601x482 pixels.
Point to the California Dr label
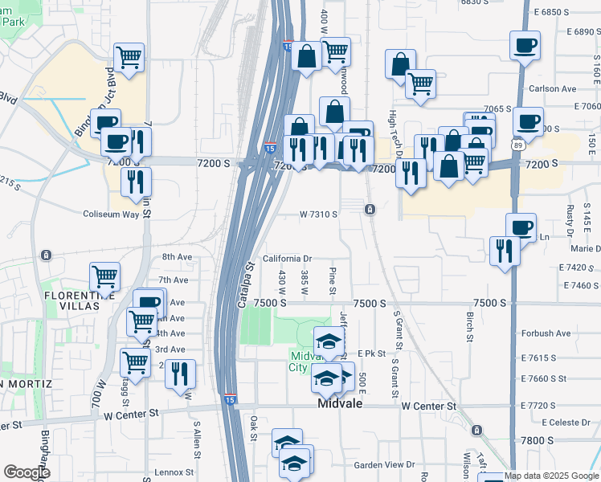pyautogui.click(x=286, y=259)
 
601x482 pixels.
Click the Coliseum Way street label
pyautogui.click(x=112, y=214)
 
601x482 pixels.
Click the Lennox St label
pyautogui.click(x=175, y=472)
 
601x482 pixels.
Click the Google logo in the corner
pyautogui.click(x=27, y=472)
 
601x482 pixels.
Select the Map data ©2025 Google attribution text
pyautogui.click(x=552, y=476)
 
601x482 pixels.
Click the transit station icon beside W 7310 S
pyautogui.click(x=370, y=210)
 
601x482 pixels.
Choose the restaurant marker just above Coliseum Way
pyautogui.click(x=136, y=181)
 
